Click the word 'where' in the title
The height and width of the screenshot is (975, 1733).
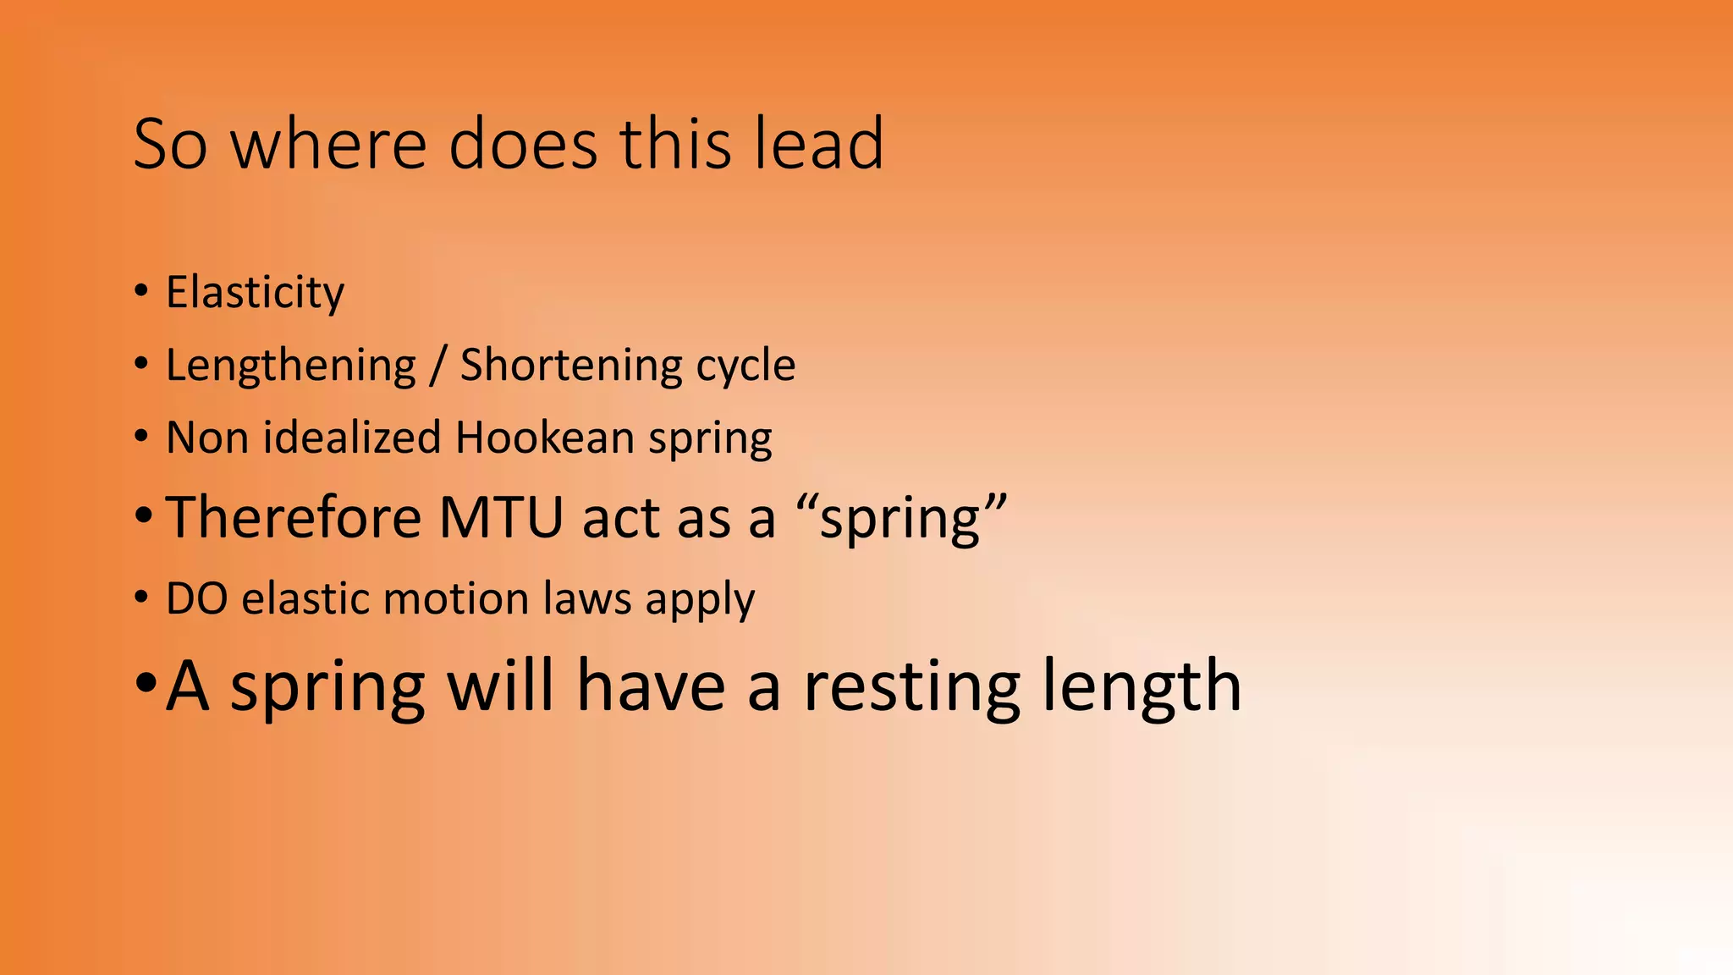[x=329, y=144]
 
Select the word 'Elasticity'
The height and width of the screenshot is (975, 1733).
[x=255, y=293]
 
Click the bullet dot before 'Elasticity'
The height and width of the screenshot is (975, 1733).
[x=141, y=291]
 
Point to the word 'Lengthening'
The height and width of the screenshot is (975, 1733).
[x=291, y=366]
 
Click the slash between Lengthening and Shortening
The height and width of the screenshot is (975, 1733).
[x=437, y=366]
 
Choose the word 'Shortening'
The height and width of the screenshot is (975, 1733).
[x=569, y=366]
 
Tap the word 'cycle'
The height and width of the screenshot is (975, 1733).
[x=745, y=366]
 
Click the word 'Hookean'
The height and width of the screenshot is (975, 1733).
[x=545, y=438]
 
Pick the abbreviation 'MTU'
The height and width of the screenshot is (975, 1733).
[x=501, y=517]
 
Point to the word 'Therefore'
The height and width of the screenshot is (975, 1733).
[x=294, y=517]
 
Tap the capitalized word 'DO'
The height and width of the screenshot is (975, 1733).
[x=196, y=599]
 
